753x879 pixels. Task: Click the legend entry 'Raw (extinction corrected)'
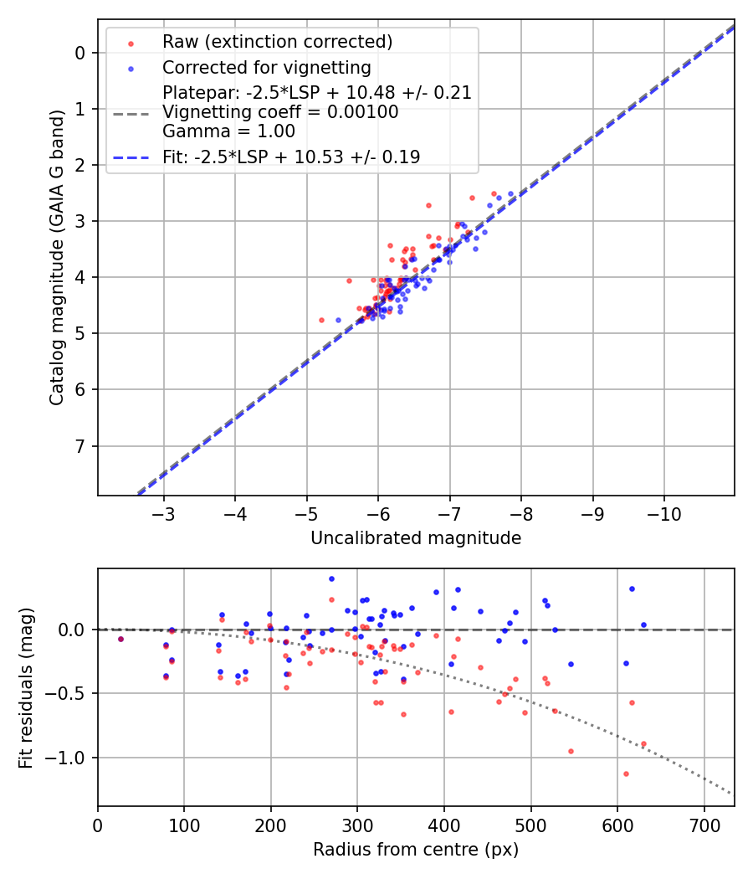click(277, 42)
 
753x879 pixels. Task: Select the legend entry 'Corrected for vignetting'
click(267, 67)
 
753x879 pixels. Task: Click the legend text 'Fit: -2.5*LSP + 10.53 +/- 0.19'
click(291, 157)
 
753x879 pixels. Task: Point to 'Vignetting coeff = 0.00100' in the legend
click(280, 112)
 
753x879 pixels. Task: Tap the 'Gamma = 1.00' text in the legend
click(228, 131)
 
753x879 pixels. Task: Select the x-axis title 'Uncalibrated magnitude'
click(416, 538)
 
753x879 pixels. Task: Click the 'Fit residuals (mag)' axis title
click(26, 687)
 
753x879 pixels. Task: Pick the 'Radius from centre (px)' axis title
click(416, 850)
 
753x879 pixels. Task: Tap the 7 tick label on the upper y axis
click(81, 446)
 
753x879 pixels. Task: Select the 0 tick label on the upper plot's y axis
click(81, 53)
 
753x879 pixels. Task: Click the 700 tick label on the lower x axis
click(704, 825)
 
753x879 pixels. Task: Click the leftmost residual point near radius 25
click(120, 639)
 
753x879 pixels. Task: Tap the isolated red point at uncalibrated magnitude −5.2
click(321, 320)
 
